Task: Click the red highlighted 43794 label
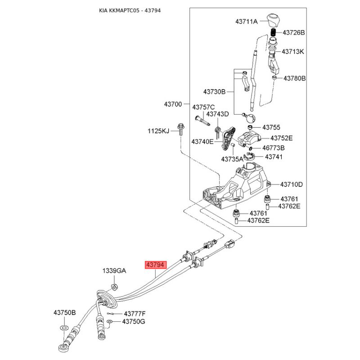coord(156,265)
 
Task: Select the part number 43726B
coord(294,32)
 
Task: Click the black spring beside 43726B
coord(273,32)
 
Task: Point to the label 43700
coord(173,104)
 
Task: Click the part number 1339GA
coord(114,271)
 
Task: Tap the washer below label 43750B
coord(64,327)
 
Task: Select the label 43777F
coord(135,314)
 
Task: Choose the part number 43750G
coord(134,321)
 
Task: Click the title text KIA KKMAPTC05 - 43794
coord(130,10)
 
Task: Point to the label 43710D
coord(291,184)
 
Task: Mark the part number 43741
coord(274,157)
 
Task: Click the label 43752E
coord(282,138)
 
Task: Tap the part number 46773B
coord(274,148)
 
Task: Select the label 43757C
coord(203,107)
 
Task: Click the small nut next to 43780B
coord(274,78)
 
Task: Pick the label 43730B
coord(214,92)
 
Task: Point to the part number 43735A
coord(232,159)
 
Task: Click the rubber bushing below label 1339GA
coord(114,287)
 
